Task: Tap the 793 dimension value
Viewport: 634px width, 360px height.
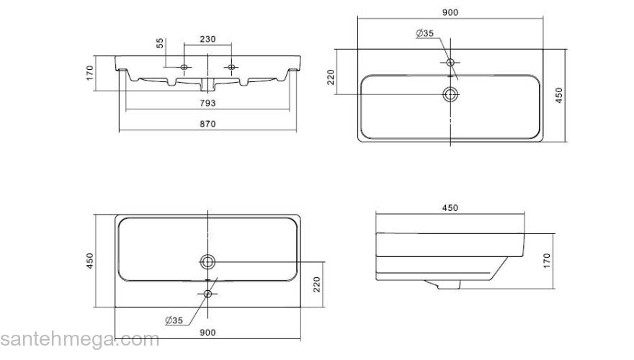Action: tap(207, 103)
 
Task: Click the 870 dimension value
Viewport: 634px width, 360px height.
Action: tap(207, 124)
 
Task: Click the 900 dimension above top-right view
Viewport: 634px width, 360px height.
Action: tap(451, 12)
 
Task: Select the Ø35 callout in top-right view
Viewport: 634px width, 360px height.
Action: tap(424, 33)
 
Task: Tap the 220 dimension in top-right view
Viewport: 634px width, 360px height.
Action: tap(331, 78)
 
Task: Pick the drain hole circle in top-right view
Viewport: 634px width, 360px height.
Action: tap(451, 94)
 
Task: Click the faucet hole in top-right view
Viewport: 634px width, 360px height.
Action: tap(451, 62)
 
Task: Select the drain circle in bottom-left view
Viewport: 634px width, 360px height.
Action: tap(207, 261)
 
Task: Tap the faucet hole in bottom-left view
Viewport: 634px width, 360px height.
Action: tap(208, 293)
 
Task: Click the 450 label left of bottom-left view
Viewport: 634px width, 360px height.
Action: tap(90, 261)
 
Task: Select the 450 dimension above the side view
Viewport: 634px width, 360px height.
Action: tap(450, 208)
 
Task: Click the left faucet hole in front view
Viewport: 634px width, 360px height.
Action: tap(184, 67)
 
